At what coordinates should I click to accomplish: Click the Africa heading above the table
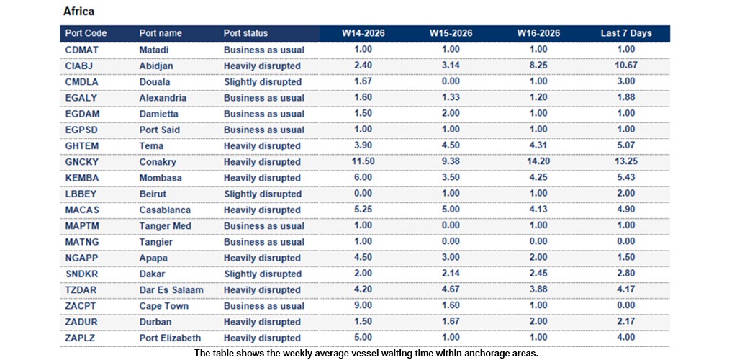pos(78,12)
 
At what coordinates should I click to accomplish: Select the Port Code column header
pos(86,33)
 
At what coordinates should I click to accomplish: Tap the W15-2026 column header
pos(451,33)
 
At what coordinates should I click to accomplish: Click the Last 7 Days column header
pos(626,33)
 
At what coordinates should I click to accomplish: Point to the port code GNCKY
pos(82,162)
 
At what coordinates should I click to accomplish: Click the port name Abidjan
pos(156,66)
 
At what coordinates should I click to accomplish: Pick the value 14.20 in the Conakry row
pos(538,162)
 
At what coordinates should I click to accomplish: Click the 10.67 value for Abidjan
pos(626,66)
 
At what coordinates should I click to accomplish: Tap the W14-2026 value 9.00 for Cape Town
pos(363,306)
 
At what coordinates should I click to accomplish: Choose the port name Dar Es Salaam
pos(171,290)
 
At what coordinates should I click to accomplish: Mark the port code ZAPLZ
pos(81,338)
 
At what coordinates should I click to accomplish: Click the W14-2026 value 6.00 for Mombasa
pos(363,178)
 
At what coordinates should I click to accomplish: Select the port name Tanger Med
pos(165,226)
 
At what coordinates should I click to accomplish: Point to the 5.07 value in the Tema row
pos(626,146)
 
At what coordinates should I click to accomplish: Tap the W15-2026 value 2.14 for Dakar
pos(451,274)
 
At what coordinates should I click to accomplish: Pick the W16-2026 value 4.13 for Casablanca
pos(538,210)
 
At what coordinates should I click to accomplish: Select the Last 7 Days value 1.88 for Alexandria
pos(626,98)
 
